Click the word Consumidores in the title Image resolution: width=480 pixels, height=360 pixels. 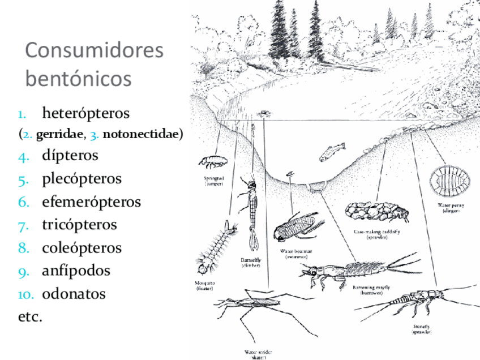[95, 50]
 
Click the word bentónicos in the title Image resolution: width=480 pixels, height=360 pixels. [78, 78]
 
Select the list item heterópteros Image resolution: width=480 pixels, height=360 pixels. [85, 113]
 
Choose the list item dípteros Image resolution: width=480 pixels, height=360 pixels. [70, 155]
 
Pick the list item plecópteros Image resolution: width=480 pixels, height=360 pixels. [82, 178]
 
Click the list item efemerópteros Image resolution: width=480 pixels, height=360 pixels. [91, 202]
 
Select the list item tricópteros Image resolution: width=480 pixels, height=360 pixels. [79, 225]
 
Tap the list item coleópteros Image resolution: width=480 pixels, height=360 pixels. [82, 248]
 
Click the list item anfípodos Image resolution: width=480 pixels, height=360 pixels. [76, 271]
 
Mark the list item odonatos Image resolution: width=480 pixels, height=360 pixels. [74, 294]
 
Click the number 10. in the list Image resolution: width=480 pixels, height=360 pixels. [26, 295]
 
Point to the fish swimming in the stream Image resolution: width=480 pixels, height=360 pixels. [332, 152]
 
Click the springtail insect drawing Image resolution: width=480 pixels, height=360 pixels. [213, 162]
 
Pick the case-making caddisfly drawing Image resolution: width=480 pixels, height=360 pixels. [375, 213]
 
